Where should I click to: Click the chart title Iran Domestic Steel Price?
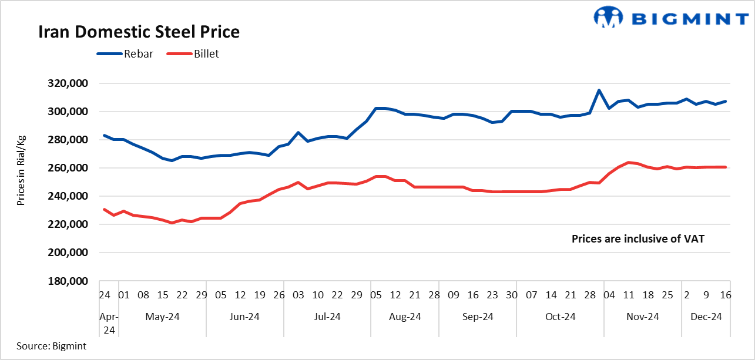point(139,32)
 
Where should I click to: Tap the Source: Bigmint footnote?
point(51,346)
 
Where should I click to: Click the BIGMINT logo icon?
point(608,17)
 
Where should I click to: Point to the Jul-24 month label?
point(327,317)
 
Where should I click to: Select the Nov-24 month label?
point(643,317)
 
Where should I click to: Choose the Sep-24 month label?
point(478,317)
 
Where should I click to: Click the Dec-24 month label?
point(706,317)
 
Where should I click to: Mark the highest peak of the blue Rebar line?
point(599,90)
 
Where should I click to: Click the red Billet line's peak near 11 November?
point(628,162)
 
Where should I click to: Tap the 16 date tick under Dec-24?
point(725,295)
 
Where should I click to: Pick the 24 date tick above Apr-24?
point(105,295)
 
